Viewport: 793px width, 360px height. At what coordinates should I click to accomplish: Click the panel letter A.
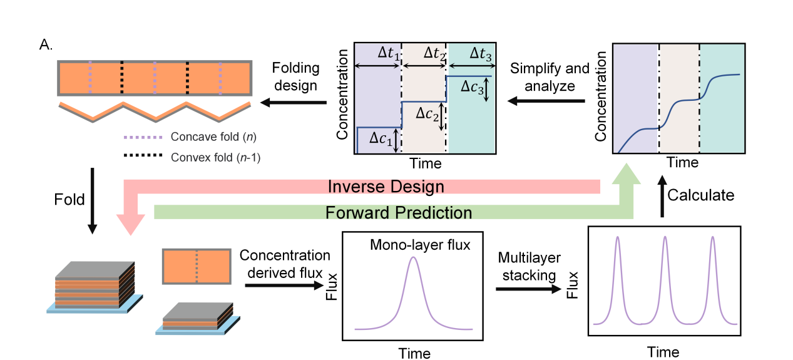[x=45, y=44]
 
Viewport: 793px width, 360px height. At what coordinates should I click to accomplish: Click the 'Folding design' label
[x=296, y=75]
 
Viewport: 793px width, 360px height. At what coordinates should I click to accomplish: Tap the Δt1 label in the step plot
[x=387, y=54]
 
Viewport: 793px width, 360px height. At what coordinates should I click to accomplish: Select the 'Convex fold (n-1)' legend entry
[x=215, y=157]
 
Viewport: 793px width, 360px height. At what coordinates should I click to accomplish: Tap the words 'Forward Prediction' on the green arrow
[x=398, y=213]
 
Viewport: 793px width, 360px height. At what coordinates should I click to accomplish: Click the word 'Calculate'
[x=700, y=195]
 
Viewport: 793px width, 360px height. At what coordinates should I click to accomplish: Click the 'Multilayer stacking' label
[x=528, y=265]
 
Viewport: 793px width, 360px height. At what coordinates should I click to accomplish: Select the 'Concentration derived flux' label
[x=285, y=264]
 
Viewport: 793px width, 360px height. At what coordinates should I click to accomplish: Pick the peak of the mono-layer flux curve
[x=412, y=257]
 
